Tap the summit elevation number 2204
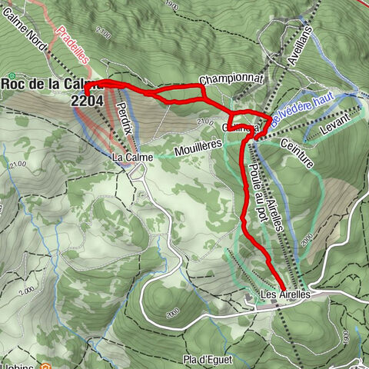click(86, 99)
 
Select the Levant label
click(345, 124)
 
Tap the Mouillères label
click(197, 144)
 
